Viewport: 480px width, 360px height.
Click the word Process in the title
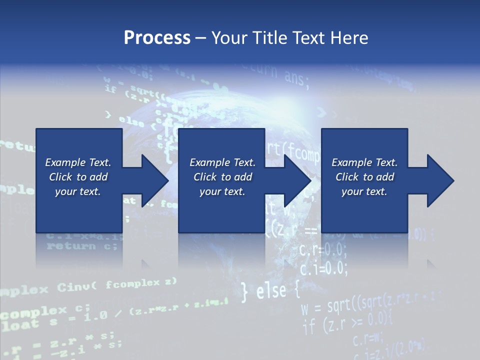[157, 37]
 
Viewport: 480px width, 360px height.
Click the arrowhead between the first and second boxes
[152, 180]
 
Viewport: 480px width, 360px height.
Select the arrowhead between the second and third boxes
[295, 180]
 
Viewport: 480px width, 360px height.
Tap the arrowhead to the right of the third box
[438, 180]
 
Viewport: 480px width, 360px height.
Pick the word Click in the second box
[205, 177]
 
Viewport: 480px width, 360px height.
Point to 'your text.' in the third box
[364, 191]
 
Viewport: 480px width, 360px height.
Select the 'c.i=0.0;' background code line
[323, 268]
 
